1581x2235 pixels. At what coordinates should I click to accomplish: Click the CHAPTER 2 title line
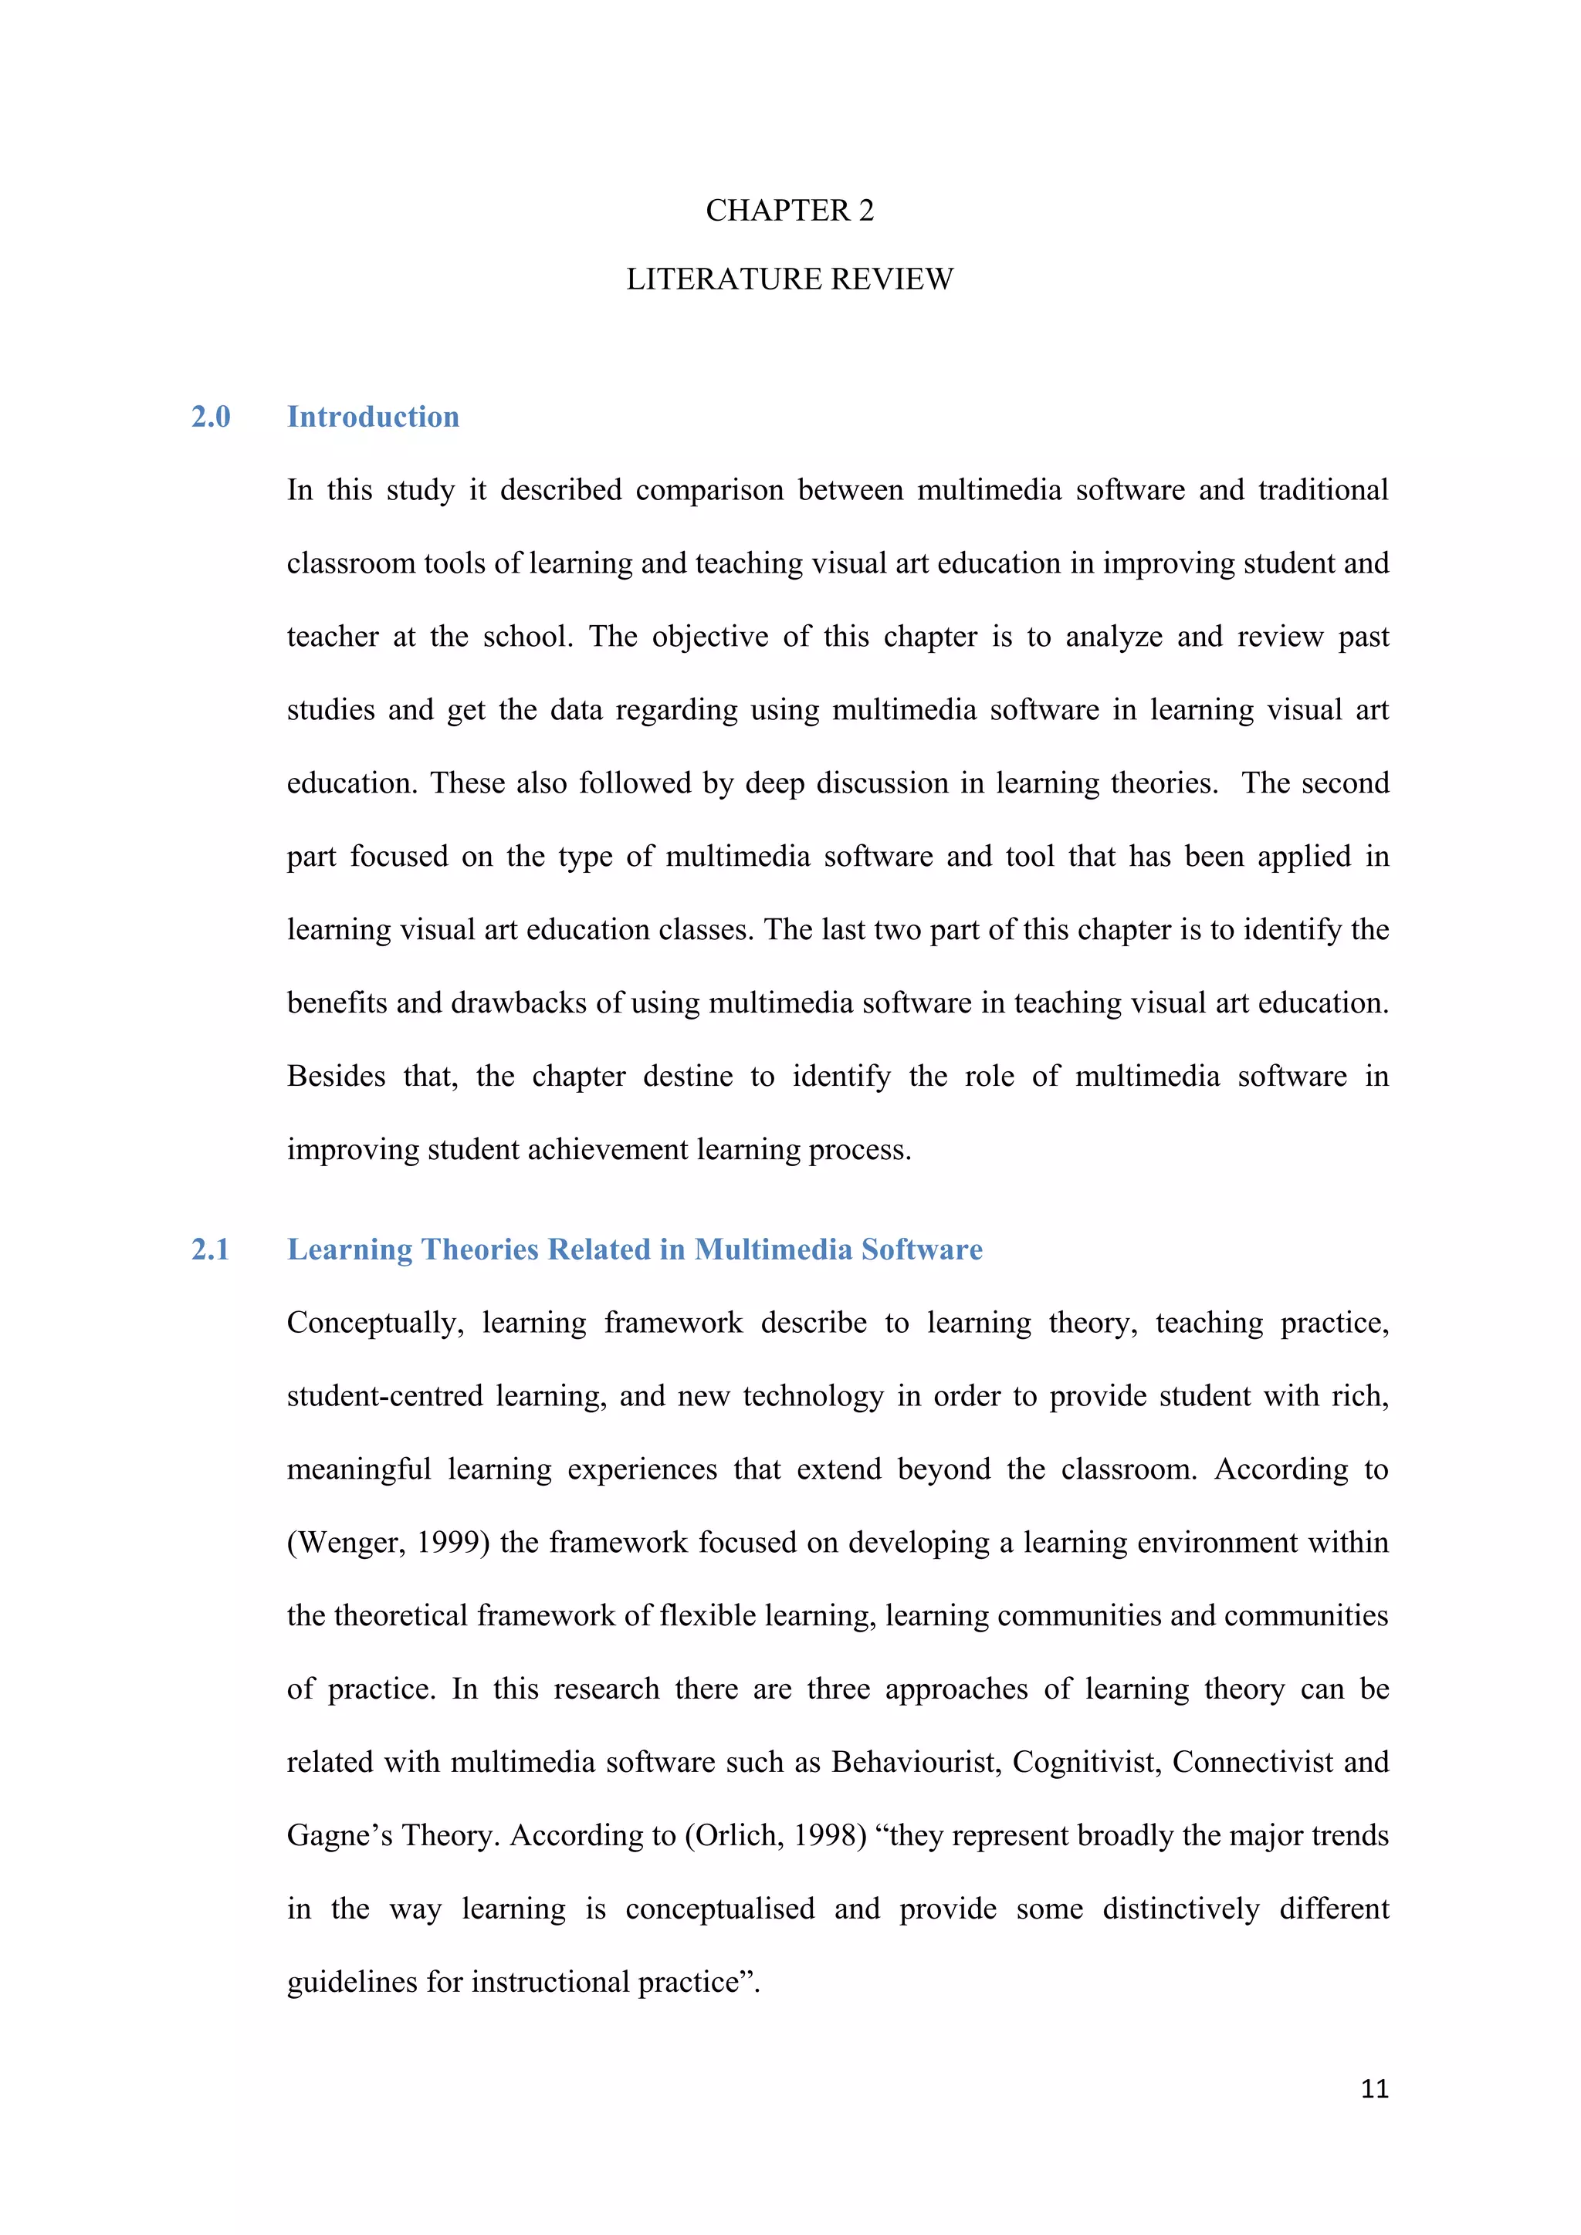(x=790, y=210)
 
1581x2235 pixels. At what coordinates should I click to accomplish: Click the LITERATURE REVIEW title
(x=790, y=279)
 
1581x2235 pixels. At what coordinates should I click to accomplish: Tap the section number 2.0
(x=210, y=417)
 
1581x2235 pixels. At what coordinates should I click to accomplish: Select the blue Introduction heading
(x=373, y=417)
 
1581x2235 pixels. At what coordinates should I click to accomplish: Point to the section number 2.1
(x=210, y=1249)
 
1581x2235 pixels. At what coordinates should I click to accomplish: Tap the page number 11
(x=1373, y=2089)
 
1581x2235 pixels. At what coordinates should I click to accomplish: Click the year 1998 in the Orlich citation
(x=825, y=1836)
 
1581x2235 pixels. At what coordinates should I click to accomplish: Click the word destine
(x=687, y=1077)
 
